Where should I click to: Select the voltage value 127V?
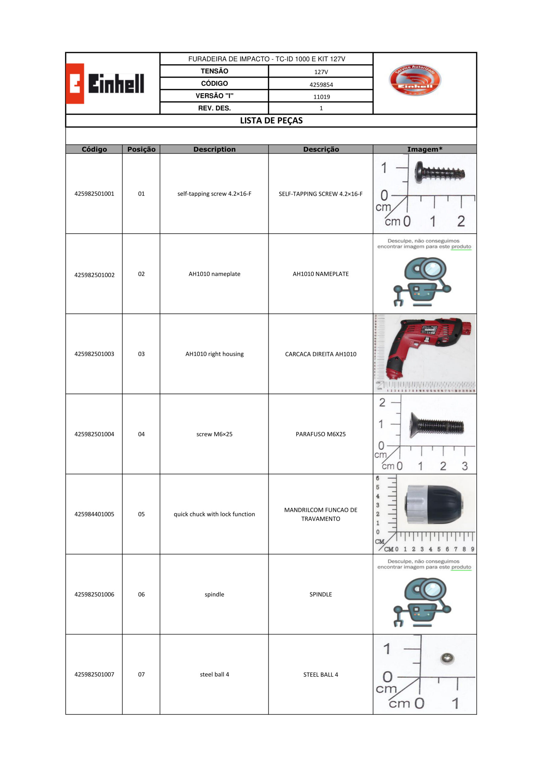[x=321, y=72]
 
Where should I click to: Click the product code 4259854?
[x=321, y=85]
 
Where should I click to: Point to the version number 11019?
[x=321, y=97]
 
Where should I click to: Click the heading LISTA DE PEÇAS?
[x=271, y=120]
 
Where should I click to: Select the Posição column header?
[x=141, y=149]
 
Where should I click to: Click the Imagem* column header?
[x=424, y=149]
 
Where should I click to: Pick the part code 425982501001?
[x=94, y=194]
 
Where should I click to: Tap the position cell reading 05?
[x=141, y=514]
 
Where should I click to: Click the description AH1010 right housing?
[x=214, y=354]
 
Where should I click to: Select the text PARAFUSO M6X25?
[x=321, y=434]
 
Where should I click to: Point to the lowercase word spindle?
[x=214, y=594]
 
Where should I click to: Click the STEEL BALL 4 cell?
[x=321, y=674]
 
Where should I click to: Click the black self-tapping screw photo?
[x=439, y=173]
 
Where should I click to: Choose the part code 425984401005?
[x=94, y=514]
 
